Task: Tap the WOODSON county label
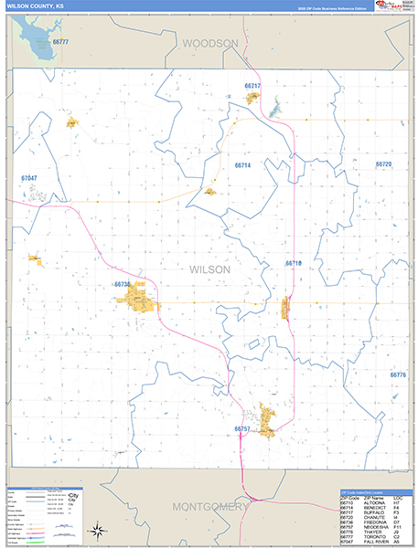(x=209, y=43)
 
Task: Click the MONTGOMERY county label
(x=209, y=507)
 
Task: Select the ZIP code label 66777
(x=61, y=42)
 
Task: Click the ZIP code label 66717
(x=252, y=86)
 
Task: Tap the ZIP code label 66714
(x=242, y=165)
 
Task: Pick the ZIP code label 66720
(x=383, y=164)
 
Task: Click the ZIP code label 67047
(x=29, y=177)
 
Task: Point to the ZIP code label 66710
(x=293, y=263)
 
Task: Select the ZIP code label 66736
(x=123, y=284)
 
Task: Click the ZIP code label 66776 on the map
(x=398, y=374)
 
